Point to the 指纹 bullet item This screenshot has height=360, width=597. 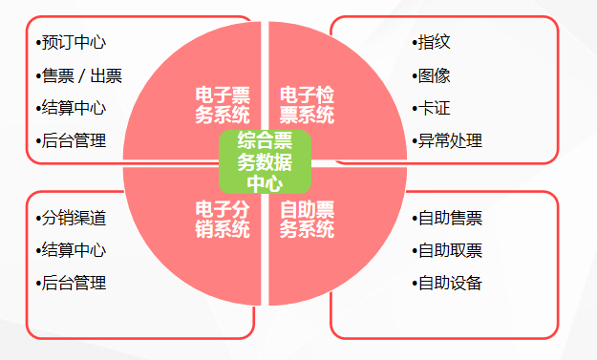click(435, 43)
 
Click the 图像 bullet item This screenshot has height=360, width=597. click(435, 76)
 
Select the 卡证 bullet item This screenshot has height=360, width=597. click(435, 108)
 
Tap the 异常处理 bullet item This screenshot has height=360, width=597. click(450, 140)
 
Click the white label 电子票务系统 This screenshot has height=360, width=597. click(223, 105)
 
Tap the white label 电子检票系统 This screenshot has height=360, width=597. click(307, 105)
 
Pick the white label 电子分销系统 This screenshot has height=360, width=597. click(223, 219)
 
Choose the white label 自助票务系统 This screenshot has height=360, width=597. click(307, 219)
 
